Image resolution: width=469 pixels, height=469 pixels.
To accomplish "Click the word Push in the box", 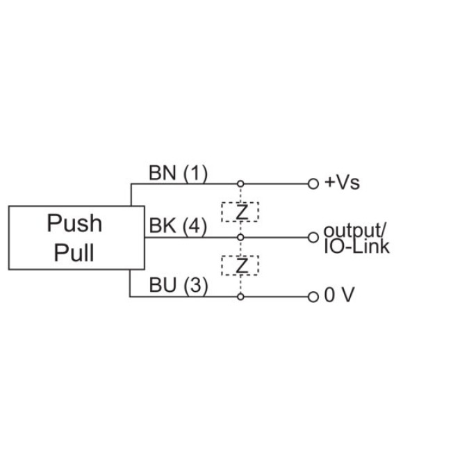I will coord(74,224).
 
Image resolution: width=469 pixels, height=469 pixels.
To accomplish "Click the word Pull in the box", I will coord(74,252).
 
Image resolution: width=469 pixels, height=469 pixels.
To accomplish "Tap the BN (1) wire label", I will coord(178,172).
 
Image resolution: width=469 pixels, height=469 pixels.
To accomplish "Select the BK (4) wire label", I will coord(178,226).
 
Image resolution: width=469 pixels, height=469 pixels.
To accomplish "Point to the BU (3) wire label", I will coord(178,285).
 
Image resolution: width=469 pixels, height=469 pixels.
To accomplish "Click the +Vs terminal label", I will coord(343,183).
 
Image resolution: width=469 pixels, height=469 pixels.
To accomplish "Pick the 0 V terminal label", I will coord(340,296).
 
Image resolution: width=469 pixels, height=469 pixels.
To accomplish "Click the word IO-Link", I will coord(356,246).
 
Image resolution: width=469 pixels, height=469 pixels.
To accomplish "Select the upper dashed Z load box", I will coord(240,211).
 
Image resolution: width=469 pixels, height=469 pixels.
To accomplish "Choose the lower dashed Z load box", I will coord(240,265).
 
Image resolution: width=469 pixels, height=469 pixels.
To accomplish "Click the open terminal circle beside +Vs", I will coord(313,184).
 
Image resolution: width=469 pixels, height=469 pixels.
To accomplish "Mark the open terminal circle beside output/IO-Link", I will coord(313,237).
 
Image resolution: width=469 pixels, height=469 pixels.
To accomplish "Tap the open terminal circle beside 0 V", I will coord(313,297).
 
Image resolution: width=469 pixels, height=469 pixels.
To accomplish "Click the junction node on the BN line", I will coord(240,184).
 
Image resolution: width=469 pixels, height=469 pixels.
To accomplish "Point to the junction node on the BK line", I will coord(240,237).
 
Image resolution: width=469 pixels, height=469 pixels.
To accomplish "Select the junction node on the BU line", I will coord(240,297).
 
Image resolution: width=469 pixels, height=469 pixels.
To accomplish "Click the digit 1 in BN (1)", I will coord(197,172).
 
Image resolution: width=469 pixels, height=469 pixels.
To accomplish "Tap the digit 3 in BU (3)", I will coord(197,285).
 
